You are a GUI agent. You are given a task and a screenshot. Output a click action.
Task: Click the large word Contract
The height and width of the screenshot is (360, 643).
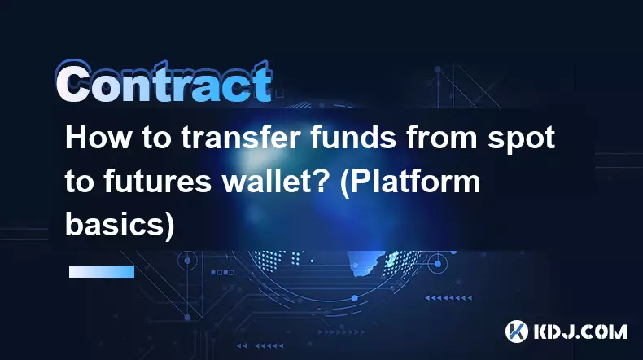164,82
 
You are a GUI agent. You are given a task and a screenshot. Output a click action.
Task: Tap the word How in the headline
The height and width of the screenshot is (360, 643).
98,138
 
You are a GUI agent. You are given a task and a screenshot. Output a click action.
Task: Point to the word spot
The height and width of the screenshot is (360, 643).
521,140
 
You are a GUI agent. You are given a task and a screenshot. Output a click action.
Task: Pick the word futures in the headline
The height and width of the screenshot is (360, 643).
158,182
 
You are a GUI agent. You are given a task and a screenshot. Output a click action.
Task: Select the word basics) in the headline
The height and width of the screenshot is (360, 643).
120,225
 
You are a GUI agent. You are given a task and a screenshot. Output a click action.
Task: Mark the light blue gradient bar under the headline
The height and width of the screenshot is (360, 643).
102,271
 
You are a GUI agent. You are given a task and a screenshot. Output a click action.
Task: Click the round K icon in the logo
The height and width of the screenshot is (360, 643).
517,331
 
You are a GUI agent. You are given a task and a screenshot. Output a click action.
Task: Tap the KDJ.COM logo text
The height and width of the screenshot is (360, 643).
580,331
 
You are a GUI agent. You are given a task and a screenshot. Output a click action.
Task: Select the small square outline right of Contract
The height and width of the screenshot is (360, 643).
280,94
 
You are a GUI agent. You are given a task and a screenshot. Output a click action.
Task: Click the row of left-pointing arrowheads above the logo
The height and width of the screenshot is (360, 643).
448,297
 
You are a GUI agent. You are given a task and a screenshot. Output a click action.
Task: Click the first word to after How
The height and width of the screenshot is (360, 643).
155,139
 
